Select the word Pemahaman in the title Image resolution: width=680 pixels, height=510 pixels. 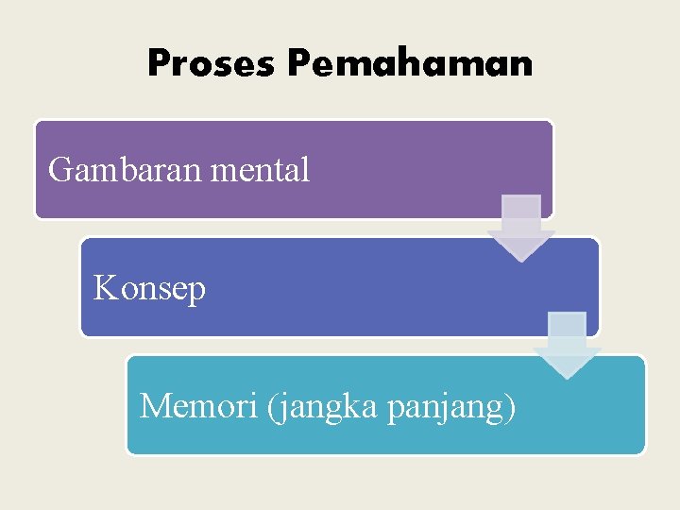pyautogui.click(x=411, y=63)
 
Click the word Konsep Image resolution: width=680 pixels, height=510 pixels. pyautogui.click(x=149, y=289)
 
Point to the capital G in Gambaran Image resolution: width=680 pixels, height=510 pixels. pyautogui.click(x=60, y=170)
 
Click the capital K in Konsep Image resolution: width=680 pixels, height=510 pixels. pyautogui.click(x=105, y=287)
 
